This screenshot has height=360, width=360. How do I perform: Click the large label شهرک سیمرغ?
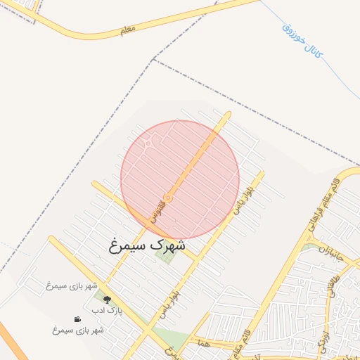click(x=148, y=246)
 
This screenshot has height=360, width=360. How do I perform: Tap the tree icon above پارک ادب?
click(x=107, y=300)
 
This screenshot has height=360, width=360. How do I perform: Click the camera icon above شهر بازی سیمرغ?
click(x=77, y=319)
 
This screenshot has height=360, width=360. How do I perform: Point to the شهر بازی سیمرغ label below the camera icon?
click(x=77, y=330)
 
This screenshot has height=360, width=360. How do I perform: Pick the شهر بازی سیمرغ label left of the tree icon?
click(x=71, y=285)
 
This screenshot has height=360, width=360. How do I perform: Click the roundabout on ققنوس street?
click(x=169, y=198)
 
